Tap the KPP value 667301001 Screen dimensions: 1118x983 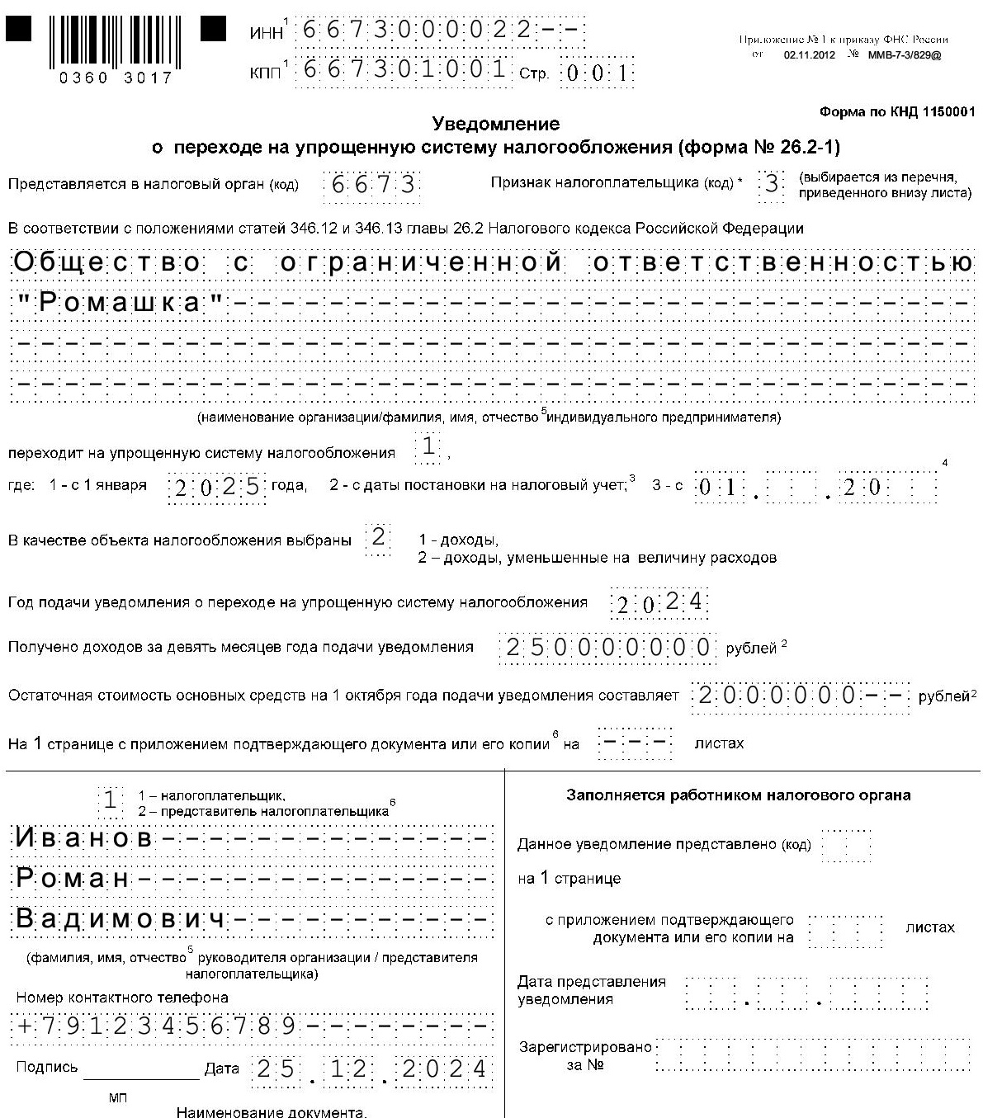pyautogui.click(x=404, y=69)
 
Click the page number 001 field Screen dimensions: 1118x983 pyautogui.click(x=598, y=73)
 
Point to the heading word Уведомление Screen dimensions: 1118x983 pyautogui.click(x=496, y=124)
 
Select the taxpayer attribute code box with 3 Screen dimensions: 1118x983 pyautogui.click(x=772, y=183)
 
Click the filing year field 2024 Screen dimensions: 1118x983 pyautogui.click(x=659, y=603)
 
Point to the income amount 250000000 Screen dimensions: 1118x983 pyautogui.click(x=607, y=647)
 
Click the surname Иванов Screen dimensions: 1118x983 pyautogui.click(x=85, y=838)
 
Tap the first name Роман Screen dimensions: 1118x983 pyautogui.click(x=73, y=879)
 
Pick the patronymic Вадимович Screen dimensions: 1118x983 pyautogui.click(x=121, y=919)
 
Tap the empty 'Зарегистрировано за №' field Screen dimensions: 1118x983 pyautogui.click(x=813, y=1055)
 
